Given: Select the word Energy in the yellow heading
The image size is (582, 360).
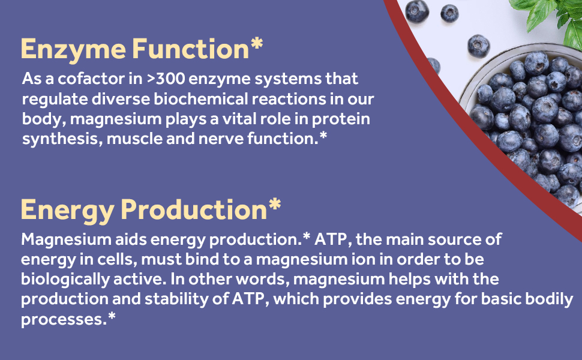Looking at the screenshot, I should click(67, 210).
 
